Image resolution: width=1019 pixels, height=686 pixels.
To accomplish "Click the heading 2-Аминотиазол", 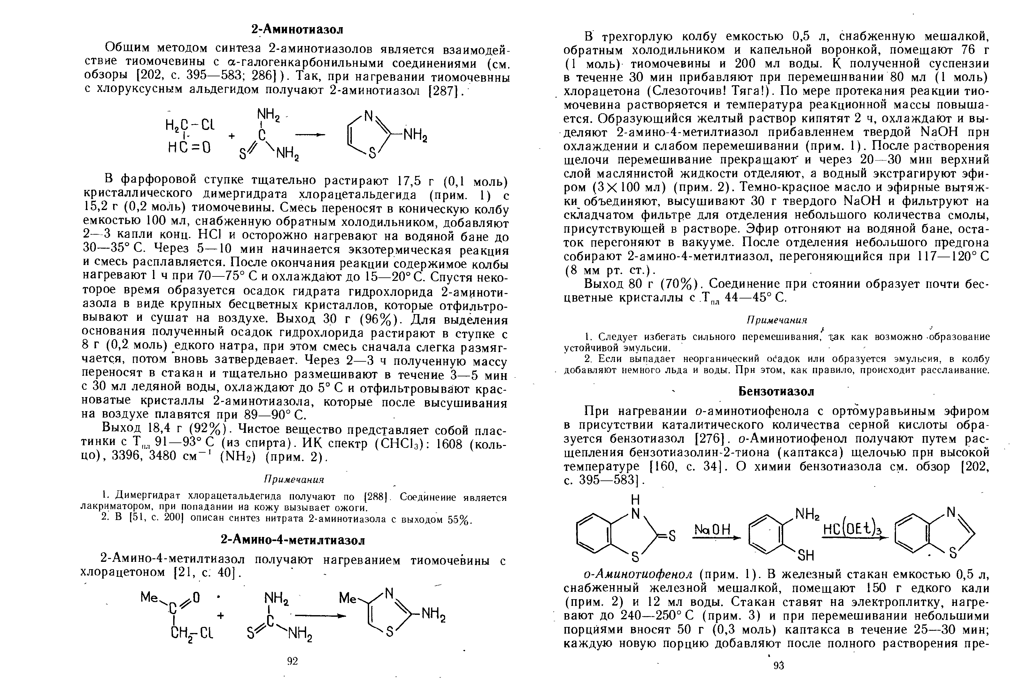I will point(297,29).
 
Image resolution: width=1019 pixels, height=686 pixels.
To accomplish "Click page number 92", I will point(292,661).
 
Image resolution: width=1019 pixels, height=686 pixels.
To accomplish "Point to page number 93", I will point(779,666).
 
